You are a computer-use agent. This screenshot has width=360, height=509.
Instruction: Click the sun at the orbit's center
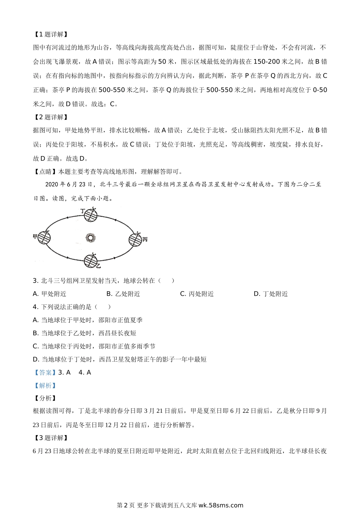coord(91,238)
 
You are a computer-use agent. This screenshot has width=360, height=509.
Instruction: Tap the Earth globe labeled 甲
coord(44,237)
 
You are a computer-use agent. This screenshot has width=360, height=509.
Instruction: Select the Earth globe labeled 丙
coord(135,239)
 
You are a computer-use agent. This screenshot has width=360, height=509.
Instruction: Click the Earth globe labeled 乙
coord(91,260)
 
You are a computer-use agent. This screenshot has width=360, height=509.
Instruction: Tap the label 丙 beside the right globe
coord(145,239)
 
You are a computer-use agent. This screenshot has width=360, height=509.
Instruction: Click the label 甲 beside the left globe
coord(36,237)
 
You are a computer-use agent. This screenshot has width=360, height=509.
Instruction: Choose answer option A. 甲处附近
coord(50,294)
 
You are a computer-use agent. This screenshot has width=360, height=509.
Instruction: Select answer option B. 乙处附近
coord(123,294)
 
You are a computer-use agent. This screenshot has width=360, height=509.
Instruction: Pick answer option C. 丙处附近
coord(197,294)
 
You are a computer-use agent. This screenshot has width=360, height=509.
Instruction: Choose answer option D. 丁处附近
coord(271,294)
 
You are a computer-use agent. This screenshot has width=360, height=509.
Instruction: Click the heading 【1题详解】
coord(50,34)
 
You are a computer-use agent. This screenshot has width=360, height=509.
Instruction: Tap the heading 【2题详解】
coord(50,117)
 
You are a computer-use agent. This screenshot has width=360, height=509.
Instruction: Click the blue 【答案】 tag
coord(45,373)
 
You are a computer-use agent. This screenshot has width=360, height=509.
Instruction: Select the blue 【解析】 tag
coord(45,386)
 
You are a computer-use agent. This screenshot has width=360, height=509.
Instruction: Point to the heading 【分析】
coord(45,398)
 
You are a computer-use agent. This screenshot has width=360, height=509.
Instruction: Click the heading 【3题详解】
coord(50,438)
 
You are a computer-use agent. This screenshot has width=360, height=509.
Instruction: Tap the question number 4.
coord(35,307)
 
